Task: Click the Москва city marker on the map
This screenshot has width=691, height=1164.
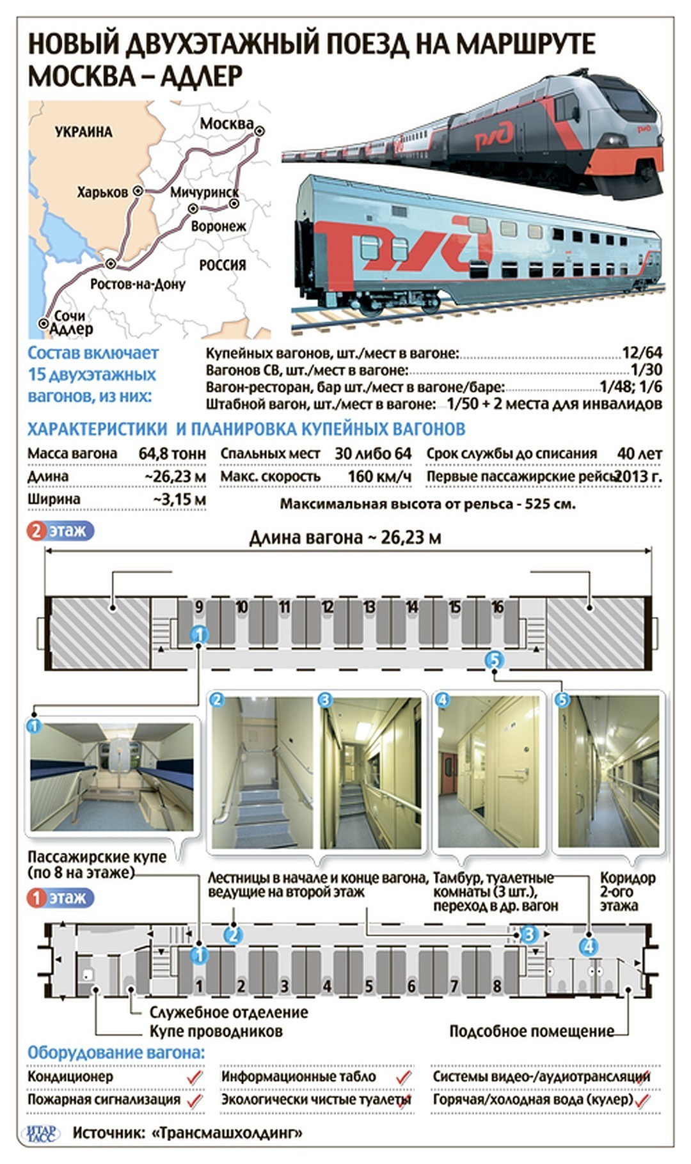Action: click(x=259, y=131)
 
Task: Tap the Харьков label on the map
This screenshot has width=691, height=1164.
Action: click(x=102, y=192)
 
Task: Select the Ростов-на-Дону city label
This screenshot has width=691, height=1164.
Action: click(x=138, y=284)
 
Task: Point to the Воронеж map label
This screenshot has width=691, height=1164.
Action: click(x=218, y=226)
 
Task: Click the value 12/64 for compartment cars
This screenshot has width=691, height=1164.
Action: click(x=642, y=352)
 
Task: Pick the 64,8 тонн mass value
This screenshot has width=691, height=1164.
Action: click(x=172, y=453)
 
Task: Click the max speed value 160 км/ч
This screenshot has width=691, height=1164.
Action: click(x=379, y=476)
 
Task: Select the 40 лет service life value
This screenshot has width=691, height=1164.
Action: click(x=639, y=453)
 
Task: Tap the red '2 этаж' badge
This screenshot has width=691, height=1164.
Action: click(x=60, y=531)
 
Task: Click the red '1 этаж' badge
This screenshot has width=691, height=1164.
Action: click(x=60, y=898)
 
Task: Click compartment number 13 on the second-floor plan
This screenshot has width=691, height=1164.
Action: click(x=369, y=606)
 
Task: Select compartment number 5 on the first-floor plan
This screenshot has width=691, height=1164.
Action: click(x=369, y=986)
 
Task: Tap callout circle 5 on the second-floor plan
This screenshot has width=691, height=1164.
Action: click(x=494, y=659)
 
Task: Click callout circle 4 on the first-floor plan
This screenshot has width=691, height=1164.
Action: click(x=588, y=946)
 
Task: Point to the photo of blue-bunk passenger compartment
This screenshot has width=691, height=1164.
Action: click(x=111, y=776)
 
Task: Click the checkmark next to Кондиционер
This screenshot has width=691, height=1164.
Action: click(x=195, y=1078)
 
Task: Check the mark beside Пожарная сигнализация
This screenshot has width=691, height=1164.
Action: click(x=195, y=1101)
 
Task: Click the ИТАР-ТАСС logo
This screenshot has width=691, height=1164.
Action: click(x=42, y=1133)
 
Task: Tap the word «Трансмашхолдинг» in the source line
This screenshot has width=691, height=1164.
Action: click(x=227, y=1133)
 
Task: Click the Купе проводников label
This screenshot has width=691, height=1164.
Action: click(x=216, y=1031)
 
